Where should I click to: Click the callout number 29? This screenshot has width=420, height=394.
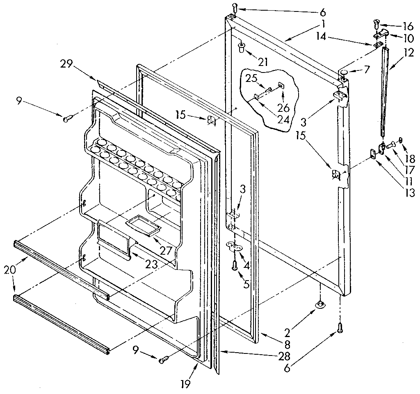coord(67,64)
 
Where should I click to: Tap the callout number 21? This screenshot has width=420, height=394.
coord(263,62)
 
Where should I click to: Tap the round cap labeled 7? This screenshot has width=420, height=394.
coord(343,73)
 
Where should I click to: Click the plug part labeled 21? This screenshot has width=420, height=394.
coord(242,47)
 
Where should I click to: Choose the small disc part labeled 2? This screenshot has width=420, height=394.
coord(320,304)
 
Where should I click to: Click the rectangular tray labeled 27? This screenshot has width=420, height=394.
coord(142,226)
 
